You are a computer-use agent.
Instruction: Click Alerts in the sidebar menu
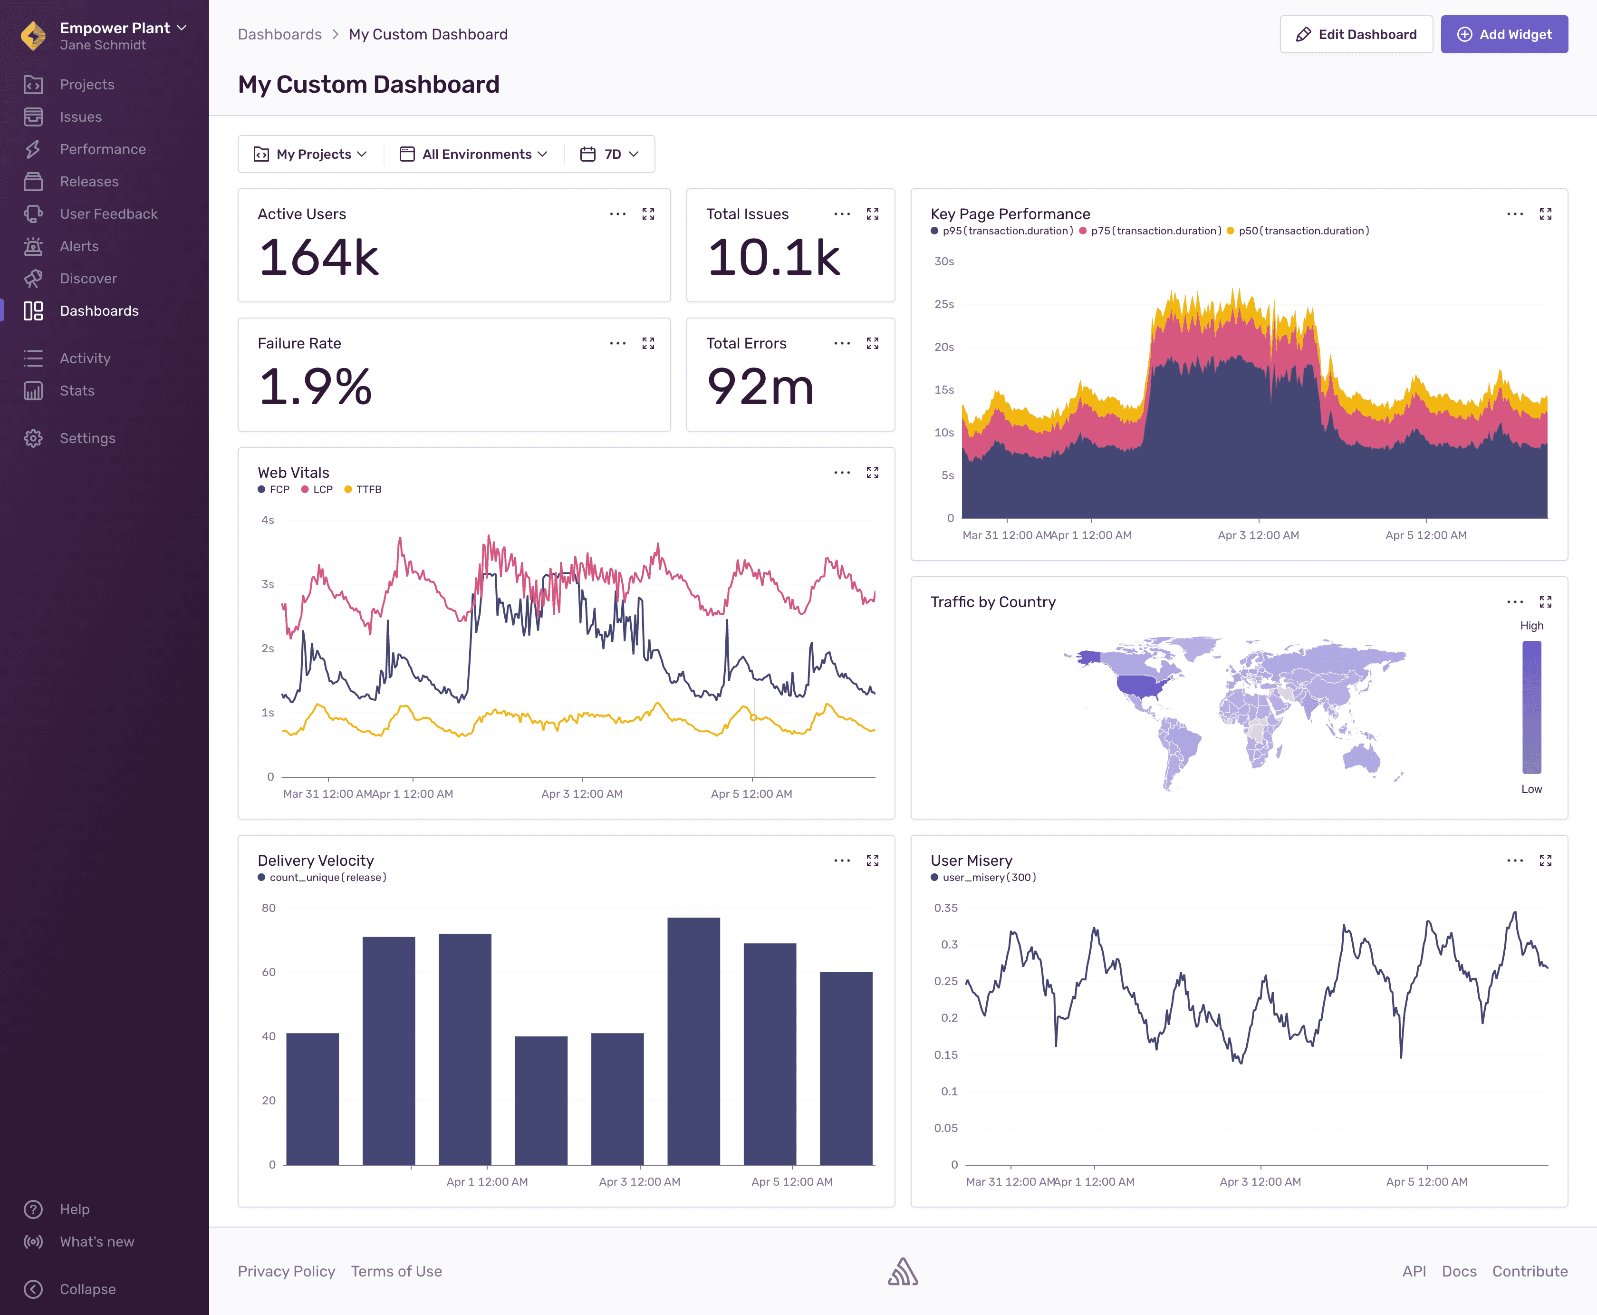[79, 246]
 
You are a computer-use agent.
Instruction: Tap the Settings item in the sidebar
[87, 438]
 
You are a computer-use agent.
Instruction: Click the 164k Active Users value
[319, 258]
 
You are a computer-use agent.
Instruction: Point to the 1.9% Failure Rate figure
[316, 387]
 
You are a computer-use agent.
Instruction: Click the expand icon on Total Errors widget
[872, 344]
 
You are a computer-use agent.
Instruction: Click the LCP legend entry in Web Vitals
[317, 489]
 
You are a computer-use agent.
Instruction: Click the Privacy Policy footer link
[286, 1271]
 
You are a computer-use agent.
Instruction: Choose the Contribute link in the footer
[1529, 1271]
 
